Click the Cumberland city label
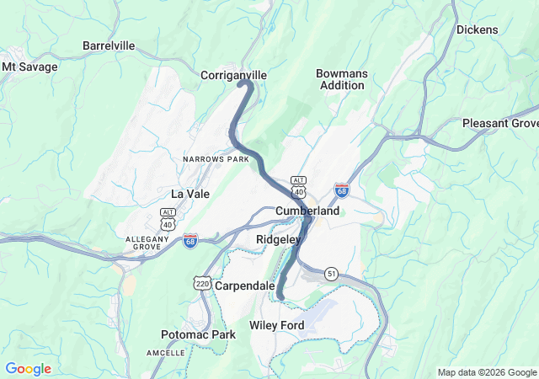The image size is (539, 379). (x=307, y=211)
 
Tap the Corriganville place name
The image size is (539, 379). (x=233, y=75)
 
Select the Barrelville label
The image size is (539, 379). (x=109, y=45)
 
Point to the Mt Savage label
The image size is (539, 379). (x=30, y=66)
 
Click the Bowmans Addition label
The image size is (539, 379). (x=342, y=79)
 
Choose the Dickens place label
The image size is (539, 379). (x=478, y=29)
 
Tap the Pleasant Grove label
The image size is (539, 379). (x=500, y=123)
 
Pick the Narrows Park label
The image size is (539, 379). (x=216, y=158)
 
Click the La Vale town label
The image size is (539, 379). (x=190, y=193)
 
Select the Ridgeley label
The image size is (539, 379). (x=278, y=240)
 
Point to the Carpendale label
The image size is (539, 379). (x=244, y=286)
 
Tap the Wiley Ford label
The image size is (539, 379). (x=277, y=324)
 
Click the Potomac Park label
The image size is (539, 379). (x=198, y=334)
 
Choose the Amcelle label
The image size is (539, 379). (x=166, y=352)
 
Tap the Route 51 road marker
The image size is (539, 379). (x=331, y=274)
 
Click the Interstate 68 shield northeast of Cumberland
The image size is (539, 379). (x=342, y=189)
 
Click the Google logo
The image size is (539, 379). (x=28, y=368)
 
